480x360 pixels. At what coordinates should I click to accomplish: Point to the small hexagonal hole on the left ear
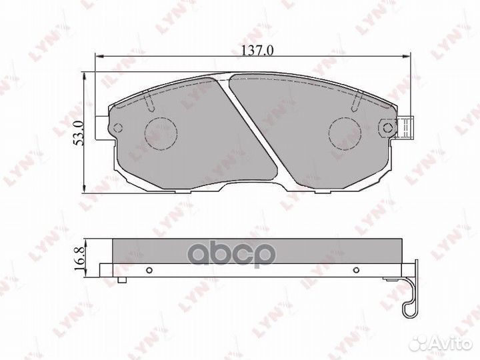coord(117,128)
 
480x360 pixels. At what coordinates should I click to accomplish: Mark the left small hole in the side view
coord(149,270)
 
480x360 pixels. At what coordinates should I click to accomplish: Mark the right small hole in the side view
coord(357,270)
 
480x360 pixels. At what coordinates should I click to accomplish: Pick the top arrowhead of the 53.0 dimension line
coord(83,75)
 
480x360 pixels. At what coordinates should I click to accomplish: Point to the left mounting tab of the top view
coord(102,129)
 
